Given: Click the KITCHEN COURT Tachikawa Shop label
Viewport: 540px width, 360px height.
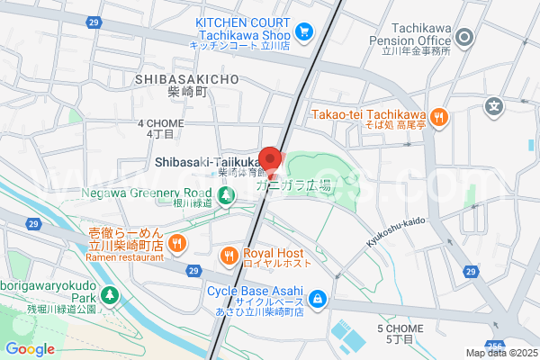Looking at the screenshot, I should point(243,33).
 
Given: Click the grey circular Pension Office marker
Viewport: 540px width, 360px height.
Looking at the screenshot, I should point(464,37).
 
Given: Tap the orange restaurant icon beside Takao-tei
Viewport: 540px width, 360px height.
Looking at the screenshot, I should point(438,115).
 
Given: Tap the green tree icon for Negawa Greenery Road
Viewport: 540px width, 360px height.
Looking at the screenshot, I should point(226,193).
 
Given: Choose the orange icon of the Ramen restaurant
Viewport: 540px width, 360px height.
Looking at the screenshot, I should point(177,242).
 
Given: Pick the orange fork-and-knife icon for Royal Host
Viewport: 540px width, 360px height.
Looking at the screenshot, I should point(229,256).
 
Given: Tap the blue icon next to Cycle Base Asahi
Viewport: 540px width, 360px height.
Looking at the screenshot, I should point(317,298).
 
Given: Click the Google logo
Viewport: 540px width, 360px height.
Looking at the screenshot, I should point(30,349).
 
